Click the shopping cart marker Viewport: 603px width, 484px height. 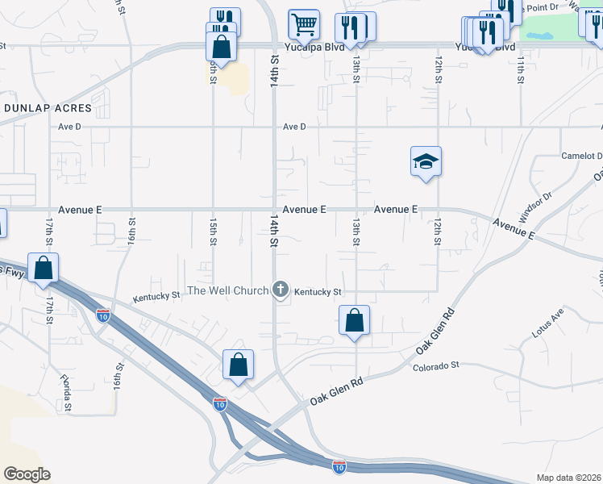pos(304,24)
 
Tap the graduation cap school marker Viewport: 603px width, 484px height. pos(426,162)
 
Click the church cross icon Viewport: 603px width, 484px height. pos(281,288)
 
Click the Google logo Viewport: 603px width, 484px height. pos(27,474)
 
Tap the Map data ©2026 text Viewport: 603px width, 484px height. pos(568,478)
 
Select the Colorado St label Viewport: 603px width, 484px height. pos(435,365)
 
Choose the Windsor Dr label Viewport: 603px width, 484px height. pos(534,208)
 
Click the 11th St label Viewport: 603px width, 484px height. pos(521,68)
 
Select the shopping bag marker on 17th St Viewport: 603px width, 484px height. pos(43,267)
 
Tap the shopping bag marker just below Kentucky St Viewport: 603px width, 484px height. pos(354,320)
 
